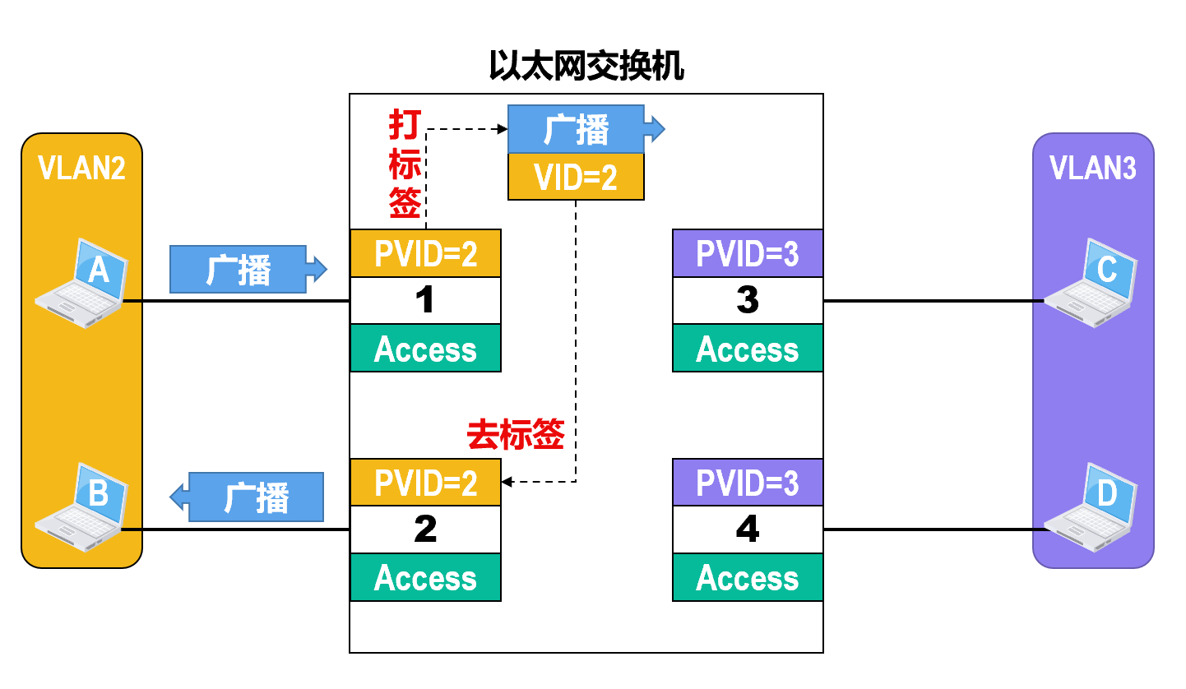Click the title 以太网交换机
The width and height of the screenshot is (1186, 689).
(586, 67)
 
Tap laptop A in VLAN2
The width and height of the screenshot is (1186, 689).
(82, 284)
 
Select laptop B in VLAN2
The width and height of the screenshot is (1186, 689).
(82, 510)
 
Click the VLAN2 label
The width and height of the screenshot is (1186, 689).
(81, 169)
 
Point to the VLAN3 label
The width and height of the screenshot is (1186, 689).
(1093, 169)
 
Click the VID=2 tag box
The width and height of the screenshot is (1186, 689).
(576, 177)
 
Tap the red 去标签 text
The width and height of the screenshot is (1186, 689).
(516, 435)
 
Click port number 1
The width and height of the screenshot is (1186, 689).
(425, 301)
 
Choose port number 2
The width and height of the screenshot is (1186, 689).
(425, 529)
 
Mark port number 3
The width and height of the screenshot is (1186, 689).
(748, 301)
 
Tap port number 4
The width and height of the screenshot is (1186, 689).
(748, 529)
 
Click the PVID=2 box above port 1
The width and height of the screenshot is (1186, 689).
(425, 253)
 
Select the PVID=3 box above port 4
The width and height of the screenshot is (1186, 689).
(748, 483)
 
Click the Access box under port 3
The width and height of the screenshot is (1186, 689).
(748, 349)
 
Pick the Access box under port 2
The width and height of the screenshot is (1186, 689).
(425, 577)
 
